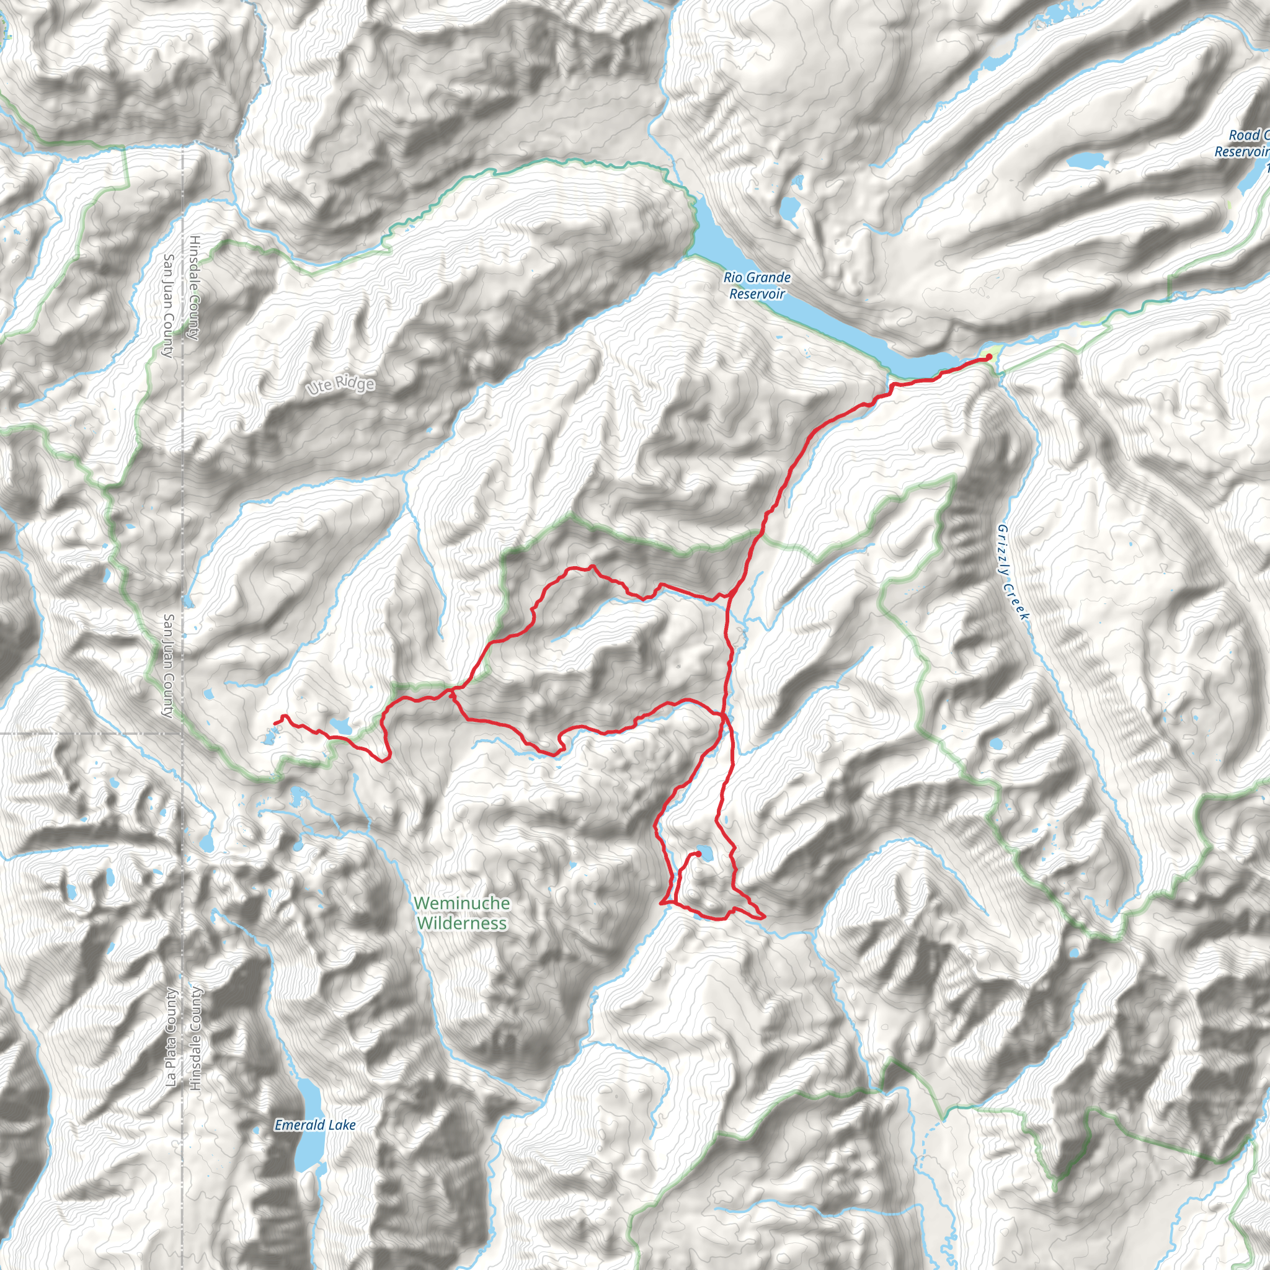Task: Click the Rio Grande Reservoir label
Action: (757, 286)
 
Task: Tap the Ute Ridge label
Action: (340, 385)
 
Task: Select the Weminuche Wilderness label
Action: (461, 913)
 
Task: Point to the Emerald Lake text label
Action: (315, 1125)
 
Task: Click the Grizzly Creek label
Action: (1012, 571)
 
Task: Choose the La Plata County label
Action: (171, 1037)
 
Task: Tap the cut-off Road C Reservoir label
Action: (1241, 143)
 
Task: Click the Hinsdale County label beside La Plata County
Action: (195, 1038)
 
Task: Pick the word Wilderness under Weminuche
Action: (461, 923)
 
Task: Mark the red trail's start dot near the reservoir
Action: (988, 357)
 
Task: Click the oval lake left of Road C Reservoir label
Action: (1088, 160)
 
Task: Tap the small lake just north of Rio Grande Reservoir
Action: (789, 209)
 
